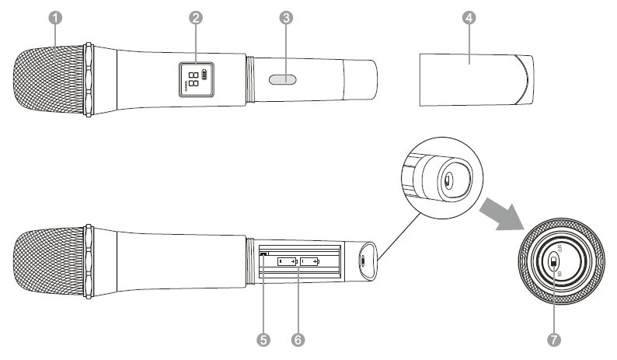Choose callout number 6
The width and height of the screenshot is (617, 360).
(298, 340)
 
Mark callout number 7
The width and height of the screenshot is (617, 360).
(554, 340)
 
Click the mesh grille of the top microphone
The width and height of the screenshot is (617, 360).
(48, 81)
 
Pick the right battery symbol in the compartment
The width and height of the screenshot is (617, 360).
(310, 262)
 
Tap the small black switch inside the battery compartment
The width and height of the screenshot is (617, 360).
(264, 253)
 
